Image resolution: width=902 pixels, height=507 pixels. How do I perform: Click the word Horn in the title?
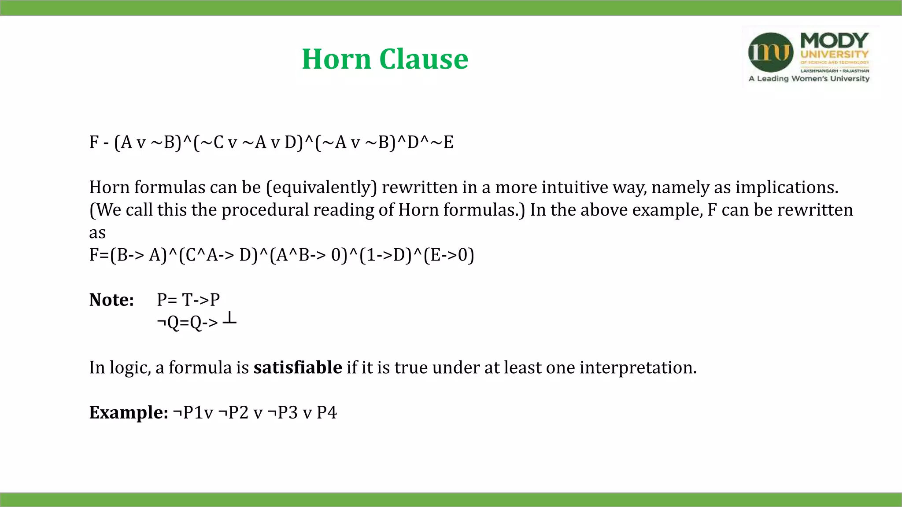(336, 59)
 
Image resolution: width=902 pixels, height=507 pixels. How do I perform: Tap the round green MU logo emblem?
(771, 52)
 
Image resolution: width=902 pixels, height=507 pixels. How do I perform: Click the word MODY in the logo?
(834, 40)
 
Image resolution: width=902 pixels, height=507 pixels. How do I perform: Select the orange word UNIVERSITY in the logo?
(834, 55)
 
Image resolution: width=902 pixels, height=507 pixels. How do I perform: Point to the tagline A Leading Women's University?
(809, 79)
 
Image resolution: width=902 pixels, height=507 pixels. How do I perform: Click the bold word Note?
(111, 300)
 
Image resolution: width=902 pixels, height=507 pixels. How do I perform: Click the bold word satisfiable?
(297, 367)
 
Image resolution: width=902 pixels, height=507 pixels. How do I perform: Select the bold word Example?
(128, 413)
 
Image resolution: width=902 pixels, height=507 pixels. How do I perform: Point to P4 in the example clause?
(326, 413)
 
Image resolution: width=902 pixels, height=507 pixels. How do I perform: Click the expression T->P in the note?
(201, 300)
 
